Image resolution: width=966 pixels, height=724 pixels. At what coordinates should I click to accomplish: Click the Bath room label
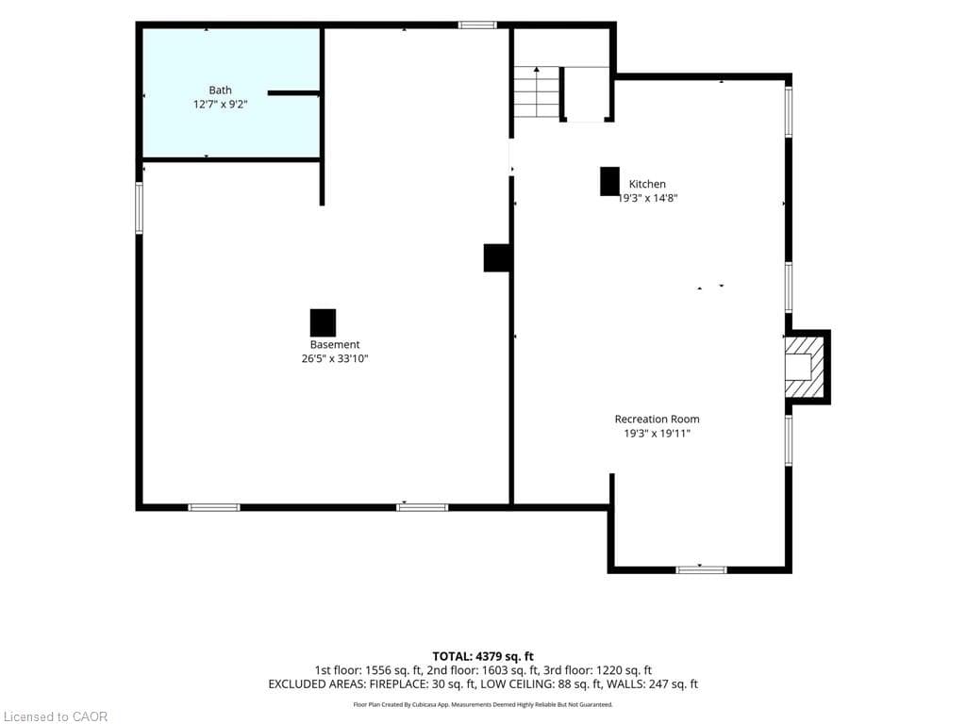[x=220, y=90]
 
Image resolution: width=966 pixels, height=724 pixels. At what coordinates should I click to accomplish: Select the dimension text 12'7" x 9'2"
[x=220, y=105]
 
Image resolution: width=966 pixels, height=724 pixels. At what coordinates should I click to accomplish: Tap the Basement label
[x=335, y=345]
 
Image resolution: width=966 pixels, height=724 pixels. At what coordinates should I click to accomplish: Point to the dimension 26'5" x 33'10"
[x=335, y=359]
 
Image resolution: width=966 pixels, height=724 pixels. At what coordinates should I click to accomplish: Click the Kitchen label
[x=647, y=184]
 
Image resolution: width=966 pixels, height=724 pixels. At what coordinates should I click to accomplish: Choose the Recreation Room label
[x=657, y=420]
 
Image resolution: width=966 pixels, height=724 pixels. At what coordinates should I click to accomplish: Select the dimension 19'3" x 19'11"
[x=657, y=434]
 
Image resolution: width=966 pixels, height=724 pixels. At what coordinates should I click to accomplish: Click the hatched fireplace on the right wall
[x=804, y=367]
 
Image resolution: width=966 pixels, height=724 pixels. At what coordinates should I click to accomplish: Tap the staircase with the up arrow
[x=537, y=92]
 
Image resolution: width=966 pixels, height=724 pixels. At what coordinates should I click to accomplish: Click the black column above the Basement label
[x=323, y=322]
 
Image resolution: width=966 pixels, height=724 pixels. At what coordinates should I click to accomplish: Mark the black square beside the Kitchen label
[x=610, y=182]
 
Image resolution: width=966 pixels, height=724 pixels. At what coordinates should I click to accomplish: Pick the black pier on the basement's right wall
[x=496, y=258]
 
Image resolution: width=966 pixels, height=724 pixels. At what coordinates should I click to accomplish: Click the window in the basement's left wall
[x=140, y=207]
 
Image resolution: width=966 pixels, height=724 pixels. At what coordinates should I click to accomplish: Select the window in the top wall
[x=477, y=25]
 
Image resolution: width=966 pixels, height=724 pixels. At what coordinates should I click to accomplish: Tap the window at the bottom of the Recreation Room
[x=701, y=570]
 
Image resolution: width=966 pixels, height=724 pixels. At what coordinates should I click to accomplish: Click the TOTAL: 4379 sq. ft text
[x=483, y=656]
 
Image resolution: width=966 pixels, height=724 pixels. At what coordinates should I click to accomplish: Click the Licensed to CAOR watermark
[x=54, y=716]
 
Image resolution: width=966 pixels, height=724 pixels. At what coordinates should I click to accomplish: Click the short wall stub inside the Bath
[x=294, y=93]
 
